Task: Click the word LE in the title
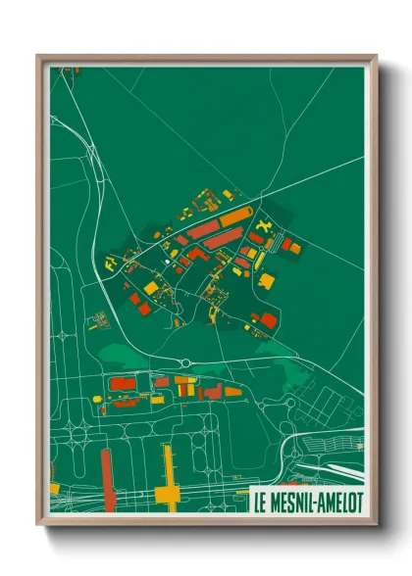[261, 500]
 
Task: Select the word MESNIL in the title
[291, 500]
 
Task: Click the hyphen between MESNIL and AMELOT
[314, 500]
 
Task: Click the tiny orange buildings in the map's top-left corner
[66, 71]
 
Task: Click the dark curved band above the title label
[324, 460]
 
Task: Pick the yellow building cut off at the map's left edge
[54, 487]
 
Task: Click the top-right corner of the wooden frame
[373, 57]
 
